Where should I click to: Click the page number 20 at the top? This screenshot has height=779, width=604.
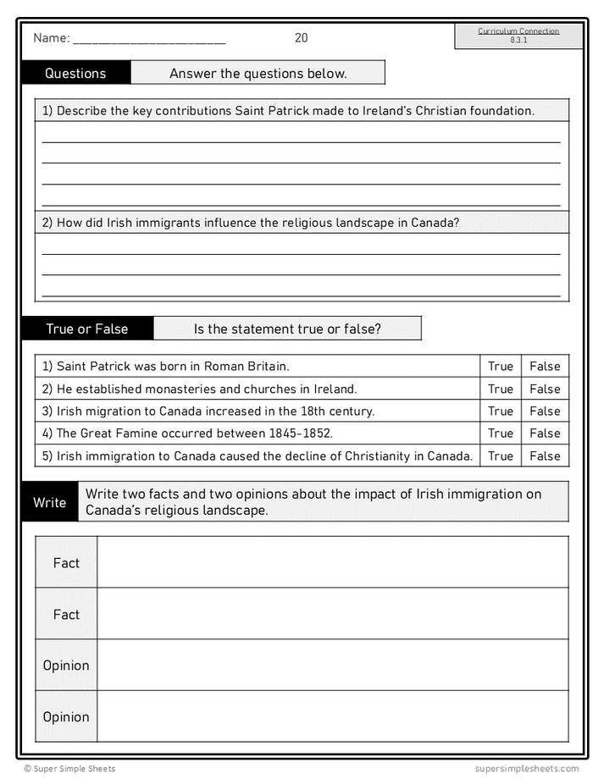coord(302,38)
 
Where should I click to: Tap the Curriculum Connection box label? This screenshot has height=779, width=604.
coord(518,31)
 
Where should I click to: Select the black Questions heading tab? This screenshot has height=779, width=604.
coord(75,74)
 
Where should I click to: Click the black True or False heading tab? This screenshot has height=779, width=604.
coord(87,329)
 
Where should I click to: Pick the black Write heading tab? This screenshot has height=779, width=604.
coord(50,502)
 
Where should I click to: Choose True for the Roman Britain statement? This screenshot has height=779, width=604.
coord(501,367)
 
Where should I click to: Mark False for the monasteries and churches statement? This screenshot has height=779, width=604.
coord(545,389)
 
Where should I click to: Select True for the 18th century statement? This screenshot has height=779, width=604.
coord(501,411)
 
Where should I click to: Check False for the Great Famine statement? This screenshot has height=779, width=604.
coord(545,433)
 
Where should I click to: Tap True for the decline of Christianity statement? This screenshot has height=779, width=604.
coord(501,456)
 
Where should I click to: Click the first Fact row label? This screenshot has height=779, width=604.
coord(66,563)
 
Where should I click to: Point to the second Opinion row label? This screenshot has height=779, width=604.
coord(66,716)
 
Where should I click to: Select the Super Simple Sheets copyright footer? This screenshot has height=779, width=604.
coord(69,769)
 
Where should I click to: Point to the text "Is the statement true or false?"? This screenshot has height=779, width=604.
coord(287,329)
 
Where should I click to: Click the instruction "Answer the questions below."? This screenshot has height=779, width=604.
coord(258,74)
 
